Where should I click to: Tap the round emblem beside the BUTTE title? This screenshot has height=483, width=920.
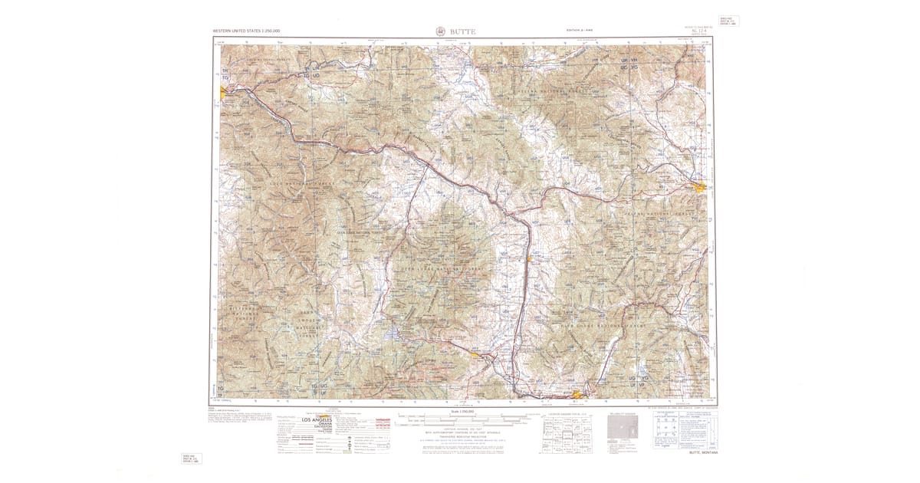pos(439,31)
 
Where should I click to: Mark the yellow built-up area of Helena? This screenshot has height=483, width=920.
pos(699,186)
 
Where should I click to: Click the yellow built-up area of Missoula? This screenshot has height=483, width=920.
pos(222,91)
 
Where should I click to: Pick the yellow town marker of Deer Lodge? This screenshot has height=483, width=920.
pos(529,259)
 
